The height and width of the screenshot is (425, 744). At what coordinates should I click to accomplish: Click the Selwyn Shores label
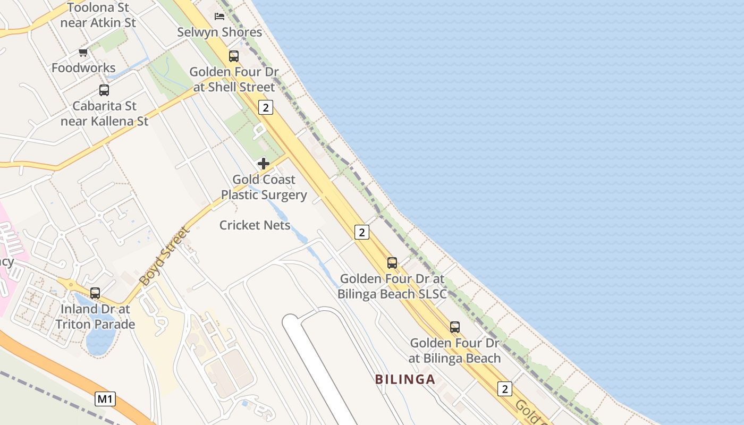219,32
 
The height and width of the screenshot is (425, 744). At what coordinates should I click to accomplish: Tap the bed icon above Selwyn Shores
219,16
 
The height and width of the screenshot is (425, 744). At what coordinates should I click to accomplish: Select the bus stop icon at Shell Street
233,56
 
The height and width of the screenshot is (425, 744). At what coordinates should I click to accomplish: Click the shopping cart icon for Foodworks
83,52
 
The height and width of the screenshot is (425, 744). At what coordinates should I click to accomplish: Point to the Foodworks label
83,67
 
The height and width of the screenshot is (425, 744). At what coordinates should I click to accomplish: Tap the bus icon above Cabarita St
104,90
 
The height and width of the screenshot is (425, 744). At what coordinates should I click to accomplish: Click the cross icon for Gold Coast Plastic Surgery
263,163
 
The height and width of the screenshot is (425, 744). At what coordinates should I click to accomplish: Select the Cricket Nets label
255,225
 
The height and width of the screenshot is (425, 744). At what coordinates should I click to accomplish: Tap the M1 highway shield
105,398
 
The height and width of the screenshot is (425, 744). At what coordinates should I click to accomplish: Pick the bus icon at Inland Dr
95,293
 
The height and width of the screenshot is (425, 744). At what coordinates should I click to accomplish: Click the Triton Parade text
95,324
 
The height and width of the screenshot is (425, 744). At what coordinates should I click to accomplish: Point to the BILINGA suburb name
405,379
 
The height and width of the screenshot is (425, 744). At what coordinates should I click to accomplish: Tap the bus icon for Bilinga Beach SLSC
392,262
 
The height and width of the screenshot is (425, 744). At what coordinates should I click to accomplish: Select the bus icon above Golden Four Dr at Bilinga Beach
454,327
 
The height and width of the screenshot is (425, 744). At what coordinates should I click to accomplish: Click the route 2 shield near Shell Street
266,107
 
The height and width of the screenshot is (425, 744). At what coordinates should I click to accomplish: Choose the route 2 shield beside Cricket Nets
361,232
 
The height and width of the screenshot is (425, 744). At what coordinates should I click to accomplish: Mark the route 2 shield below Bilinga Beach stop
504,388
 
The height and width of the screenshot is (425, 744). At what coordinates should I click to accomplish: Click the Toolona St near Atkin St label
98,15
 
